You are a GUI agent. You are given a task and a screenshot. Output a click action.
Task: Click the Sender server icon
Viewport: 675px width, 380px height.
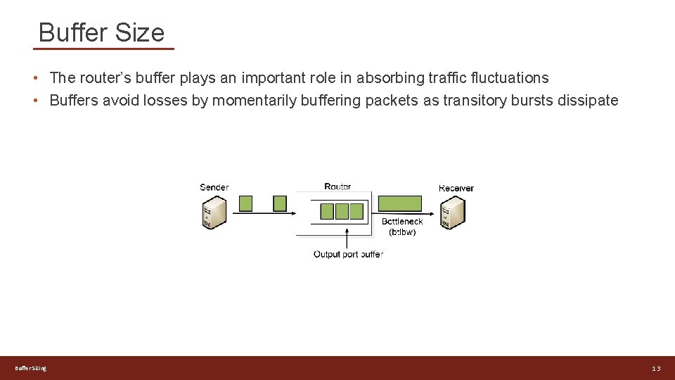click(x=214, y=212)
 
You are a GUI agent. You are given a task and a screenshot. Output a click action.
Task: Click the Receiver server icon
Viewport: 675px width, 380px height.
click(x=454, y=212)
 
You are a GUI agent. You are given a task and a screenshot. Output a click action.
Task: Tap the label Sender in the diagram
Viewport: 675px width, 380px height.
click(x=214, y=187)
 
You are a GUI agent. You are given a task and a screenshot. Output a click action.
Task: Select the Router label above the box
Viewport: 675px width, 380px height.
click(x=337, y=186)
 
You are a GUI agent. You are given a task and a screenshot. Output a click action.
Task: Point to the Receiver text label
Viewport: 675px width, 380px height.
click(x=456, y=188)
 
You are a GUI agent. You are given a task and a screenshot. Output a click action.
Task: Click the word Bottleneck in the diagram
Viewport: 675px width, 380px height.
click(x=402, y=222)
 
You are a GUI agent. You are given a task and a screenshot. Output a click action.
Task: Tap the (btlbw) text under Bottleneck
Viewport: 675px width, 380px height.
click(x=402, y=232)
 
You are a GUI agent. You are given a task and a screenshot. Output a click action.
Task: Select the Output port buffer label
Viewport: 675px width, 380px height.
click(x=348, y=254)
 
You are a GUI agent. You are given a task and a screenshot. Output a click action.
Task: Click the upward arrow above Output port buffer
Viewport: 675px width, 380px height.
click(x=347, y=238)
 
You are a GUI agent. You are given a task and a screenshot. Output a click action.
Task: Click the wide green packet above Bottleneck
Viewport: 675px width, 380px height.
click(x=400, y=204)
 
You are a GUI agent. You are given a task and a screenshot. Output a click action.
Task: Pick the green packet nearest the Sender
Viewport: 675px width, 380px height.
click(x=245, y=203)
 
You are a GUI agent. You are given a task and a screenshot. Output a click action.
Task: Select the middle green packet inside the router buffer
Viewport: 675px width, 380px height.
click(x=342, y=211)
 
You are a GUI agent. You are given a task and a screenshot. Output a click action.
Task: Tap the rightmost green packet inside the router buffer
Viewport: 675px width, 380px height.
click(x=356, y=211)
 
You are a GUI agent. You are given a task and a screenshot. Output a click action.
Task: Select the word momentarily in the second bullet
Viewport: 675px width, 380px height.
click(x=254, y=101)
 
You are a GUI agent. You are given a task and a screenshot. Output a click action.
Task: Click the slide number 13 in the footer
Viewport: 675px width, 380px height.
click(x=655, y=369)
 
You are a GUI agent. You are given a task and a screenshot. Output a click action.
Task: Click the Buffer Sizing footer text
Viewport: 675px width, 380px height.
click(x=30, y=369)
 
